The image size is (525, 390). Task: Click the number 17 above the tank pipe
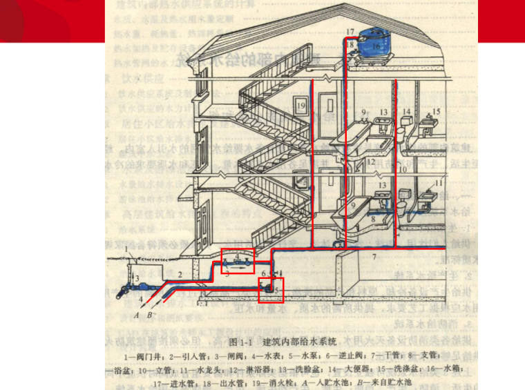coord(350,32)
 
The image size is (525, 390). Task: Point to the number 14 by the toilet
coord(407,112)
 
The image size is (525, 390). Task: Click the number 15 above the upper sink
coord(437,111)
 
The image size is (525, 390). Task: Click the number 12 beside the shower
coord(371,162)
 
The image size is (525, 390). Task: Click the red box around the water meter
coord(238,259)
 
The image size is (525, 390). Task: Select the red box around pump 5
coord(271,290)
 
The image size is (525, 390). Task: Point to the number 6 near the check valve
coord(263,274)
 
